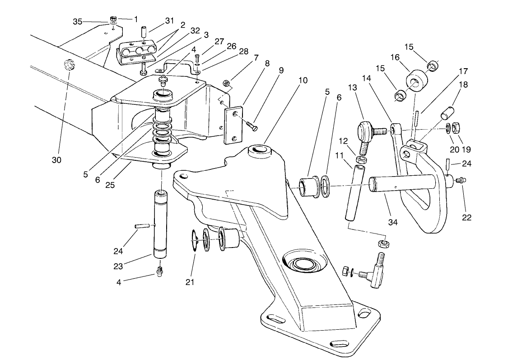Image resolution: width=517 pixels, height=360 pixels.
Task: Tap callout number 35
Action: (x=78, y=22)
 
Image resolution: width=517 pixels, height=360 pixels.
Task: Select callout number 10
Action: (x=303, y=80)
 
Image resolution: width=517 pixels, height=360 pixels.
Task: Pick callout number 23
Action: (x=118, y=266)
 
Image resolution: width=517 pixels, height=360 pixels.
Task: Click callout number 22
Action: (x=466, y=217)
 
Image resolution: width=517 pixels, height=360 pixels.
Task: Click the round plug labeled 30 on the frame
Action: (x=69, y=65)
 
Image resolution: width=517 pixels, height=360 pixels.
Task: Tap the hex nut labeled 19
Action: (x=456, y=127)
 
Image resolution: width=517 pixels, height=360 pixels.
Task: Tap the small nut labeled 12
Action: (x=361, y=159)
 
